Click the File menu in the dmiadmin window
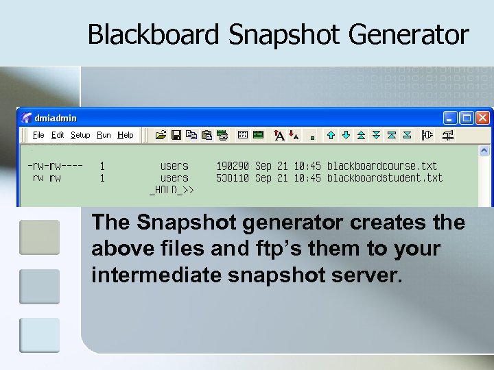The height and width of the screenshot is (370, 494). tap(38, 135)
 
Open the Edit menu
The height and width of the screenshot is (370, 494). tap(58, 135)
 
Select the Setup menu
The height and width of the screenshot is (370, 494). tap(80, 135)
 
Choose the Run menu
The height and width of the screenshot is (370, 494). tap(104, 135)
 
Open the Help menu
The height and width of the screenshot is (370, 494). tap(126, 135)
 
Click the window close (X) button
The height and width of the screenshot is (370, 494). tap(483, 118)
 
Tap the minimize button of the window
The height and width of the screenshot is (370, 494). tap(450, 118)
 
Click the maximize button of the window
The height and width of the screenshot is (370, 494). tap(467, 118)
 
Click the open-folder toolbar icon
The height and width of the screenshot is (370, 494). tap(161, 135)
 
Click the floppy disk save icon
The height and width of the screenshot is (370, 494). tap(176, 135)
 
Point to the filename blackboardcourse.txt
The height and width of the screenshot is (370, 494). tap(382, 166)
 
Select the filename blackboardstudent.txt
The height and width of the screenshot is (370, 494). tap(385, 178)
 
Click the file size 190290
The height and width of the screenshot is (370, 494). tap(233, 166)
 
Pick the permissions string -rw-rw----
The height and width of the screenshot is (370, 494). tap(56, 166)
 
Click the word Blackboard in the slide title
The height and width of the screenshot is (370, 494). tap(154, 34)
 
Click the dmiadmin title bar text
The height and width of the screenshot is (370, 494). tap(56, 118)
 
